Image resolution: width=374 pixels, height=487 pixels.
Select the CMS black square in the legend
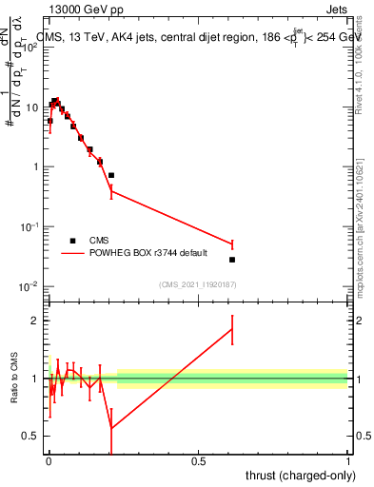coord(72,241)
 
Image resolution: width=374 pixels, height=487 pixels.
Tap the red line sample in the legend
coord(73,254)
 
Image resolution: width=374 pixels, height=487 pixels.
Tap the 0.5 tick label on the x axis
coord(198,461)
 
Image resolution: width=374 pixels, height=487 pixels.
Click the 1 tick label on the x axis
coord(348,461)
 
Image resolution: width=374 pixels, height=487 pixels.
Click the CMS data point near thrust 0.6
coord(232,260)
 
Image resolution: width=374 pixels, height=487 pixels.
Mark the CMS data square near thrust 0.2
coord(111,175)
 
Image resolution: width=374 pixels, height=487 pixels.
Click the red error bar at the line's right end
coord(232,244)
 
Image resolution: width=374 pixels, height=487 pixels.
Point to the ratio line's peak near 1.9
coord(232,329)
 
